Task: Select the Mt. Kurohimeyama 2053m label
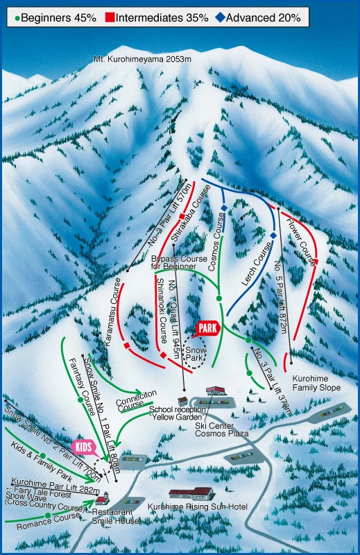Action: tap(142, 60)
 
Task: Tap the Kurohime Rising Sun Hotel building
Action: tap(191, 494)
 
